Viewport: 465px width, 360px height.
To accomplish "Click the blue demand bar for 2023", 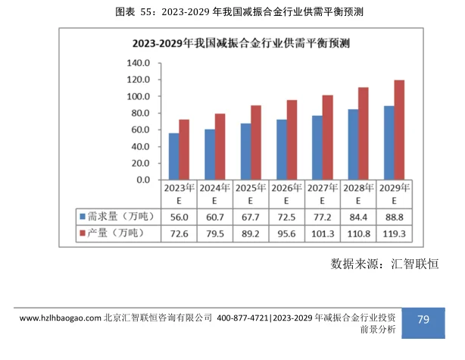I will tap(173, 156).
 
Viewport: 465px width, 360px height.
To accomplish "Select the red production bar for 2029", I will tap(399, 130).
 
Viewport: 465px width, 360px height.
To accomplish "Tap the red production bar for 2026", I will tap(292, 140).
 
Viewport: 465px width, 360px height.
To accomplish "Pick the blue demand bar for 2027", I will tap(317, 148).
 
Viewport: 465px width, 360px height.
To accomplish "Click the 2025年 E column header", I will tap(251, 194).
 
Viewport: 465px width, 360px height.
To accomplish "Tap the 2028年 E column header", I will tap(358, 194).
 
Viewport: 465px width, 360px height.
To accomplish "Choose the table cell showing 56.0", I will tap(179, 218).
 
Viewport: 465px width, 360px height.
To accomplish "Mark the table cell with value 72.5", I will tap(286, 218).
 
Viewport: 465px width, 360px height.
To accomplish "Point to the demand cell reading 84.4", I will tap(358, 218).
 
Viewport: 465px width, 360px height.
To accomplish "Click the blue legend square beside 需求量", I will tap(82, 218).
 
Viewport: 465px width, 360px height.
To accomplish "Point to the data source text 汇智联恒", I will tap(414, 264).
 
